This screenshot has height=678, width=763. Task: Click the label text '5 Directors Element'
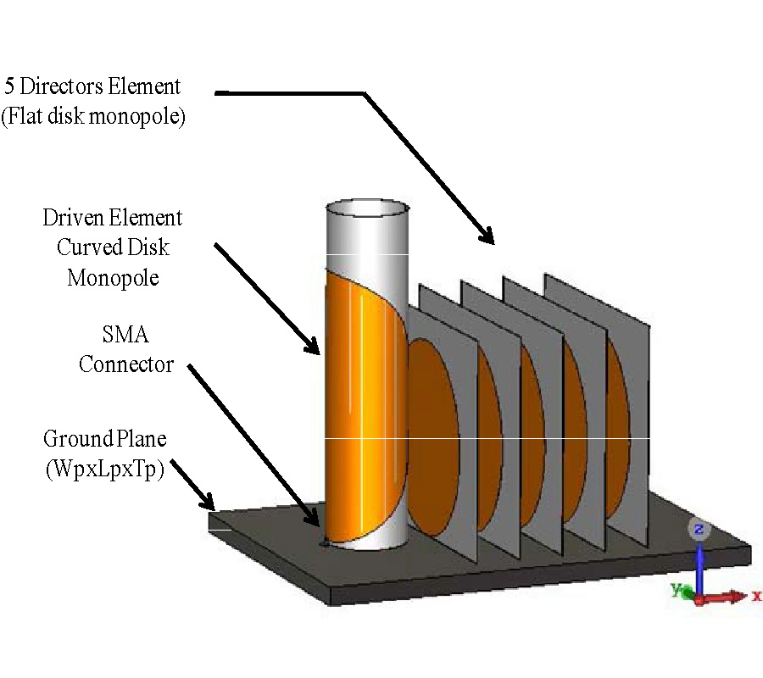coord(92,86)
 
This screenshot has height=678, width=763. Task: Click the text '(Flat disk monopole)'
coord(92,116)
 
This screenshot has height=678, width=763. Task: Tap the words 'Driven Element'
coord(113,218)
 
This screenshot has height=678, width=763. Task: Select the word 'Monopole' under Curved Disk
coord(113,278)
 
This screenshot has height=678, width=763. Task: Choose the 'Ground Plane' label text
coord(105,439)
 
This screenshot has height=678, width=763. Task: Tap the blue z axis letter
coord(699,531)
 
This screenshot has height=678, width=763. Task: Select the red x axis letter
coord(757,597)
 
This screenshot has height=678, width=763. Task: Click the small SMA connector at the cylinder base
coord(322,543)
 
